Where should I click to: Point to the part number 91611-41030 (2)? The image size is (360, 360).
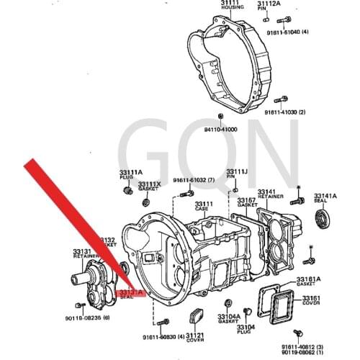284,112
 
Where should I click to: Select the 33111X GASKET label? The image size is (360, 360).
149,186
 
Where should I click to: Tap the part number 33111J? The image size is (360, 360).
237,171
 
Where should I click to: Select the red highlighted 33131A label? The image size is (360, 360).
130,293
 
